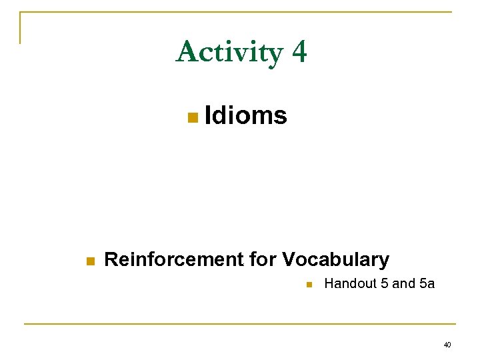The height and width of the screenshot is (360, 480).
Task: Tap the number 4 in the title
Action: (x=299, y=52)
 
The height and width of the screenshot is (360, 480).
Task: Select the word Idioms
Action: (x=246, y=115)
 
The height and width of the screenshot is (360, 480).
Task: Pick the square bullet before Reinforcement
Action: (x=91, y=261)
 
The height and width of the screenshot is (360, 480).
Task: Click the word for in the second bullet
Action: (x=262, y=259)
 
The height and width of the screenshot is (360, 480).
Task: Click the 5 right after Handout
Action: (x=384, y=284)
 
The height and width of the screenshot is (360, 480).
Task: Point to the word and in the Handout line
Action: (x=403, y=284)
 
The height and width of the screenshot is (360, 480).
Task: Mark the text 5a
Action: (x=427, y=284)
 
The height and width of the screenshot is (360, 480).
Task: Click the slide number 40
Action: (x=447, y=345)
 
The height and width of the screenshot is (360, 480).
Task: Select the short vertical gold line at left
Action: (x=20, y=28)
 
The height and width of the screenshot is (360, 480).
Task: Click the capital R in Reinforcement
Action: (x=111, y=259)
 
